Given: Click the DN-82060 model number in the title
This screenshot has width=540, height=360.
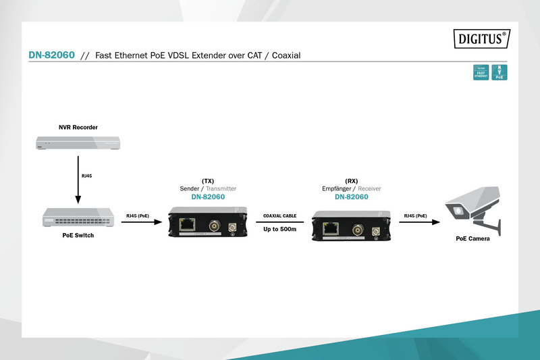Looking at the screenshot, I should click(x=51, y=56).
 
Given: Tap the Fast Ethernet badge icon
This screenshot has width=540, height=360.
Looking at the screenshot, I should click(x=481, y=73).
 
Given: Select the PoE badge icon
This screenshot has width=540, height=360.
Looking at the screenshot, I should click(x=500, y=73).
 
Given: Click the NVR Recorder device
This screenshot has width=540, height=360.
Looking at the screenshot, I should click(x=78, y=143).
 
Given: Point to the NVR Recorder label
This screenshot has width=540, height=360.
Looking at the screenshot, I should click(x=78, y=127).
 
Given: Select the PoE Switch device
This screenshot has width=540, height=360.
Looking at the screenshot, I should click(x=78, y=217).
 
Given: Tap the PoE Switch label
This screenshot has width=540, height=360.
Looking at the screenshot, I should click(x=78, y=236).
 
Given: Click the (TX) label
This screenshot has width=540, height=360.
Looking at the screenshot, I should click(x=208, y=181).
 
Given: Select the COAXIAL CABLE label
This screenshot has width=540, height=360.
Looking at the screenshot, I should click(x=280, y=216).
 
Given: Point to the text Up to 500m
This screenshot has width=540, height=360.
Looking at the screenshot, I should click(x=280, y=230).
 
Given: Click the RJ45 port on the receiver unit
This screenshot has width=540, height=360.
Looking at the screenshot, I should click(x=331, y=228).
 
